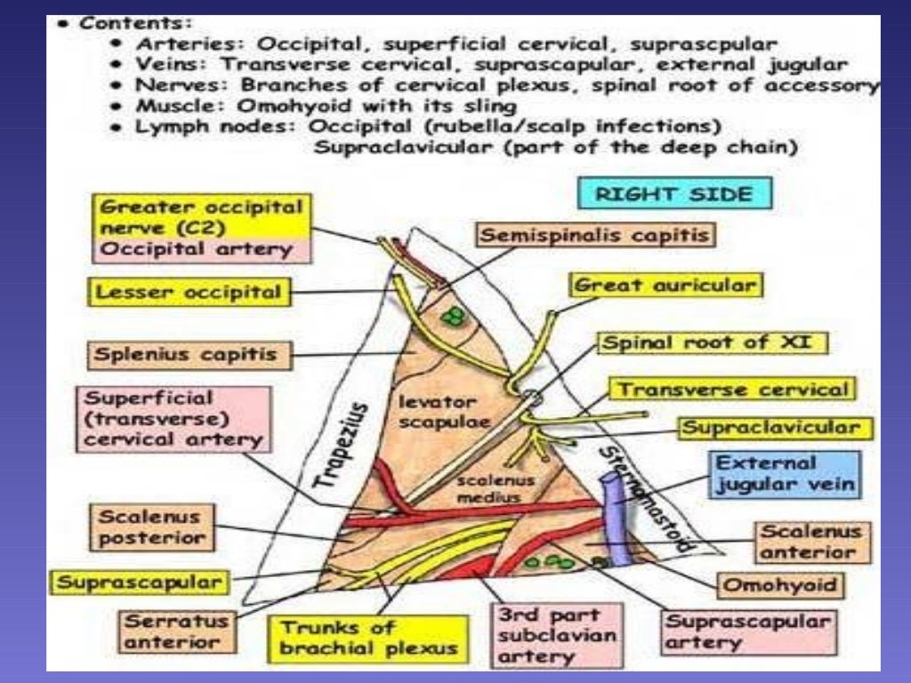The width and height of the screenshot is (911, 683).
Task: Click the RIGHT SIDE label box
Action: click(674, 193)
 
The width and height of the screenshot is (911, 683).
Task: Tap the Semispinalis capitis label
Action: click(595, 235)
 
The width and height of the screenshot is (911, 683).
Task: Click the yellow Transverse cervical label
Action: click(731, 390)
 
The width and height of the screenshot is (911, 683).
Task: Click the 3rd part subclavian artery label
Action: click(549, 635)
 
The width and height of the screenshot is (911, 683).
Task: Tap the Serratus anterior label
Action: click(175, 629)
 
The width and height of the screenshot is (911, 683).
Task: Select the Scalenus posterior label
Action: click(150, 526)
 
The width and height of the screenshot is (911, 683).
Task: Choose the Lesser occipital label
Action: click(189, 291)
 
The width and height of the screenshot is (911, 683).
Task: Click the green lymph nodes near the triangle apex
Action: click(455, 316)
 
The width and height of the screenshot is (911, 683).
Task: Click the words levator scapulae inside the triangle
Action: click(431, 412)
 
